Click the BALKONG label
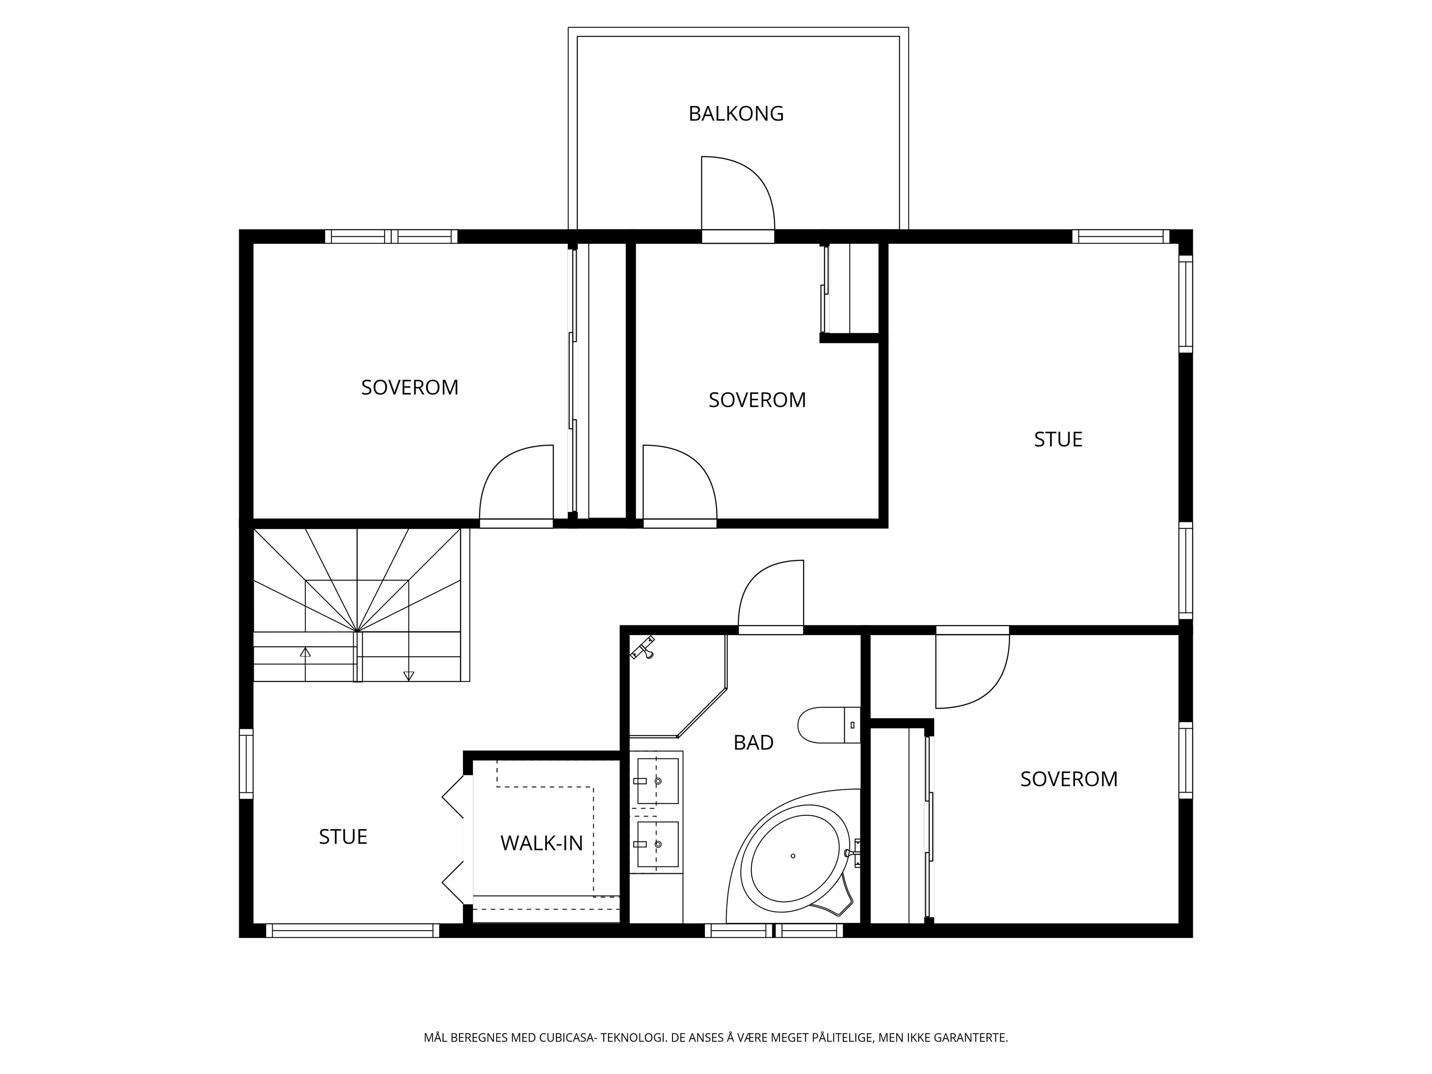736,114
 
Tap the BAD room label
754,742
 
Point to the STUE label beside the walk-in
343,837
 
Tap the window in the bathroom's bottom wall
774,931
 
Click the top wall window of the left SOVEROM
391,236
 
